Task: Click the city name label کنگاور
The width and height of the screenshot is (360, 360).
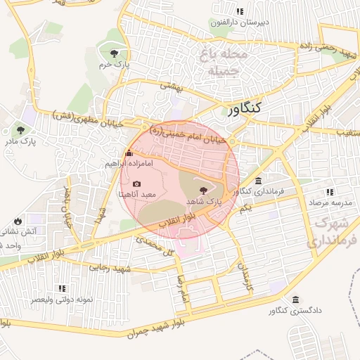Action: click(244, 108)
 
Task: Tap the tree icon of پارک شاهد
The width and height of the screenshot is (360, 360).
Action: click(203, 190)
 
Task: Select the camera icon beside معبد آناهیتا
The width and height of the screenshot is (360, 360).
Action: click(136, 184)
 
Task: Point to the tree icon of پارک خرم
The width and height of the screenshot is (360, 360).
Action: click(115, 53)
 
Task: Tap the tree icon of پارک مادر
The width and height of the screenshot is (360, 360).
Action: click(20, 130)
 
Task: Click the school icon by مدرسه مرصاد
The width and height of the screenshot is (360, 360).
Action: click(328, 192)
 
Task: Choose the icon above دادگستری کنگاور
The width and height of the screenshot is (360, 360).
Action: click(296, 300)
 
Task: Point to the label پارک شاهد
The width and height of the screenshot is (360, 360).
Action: click(204, 201)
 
